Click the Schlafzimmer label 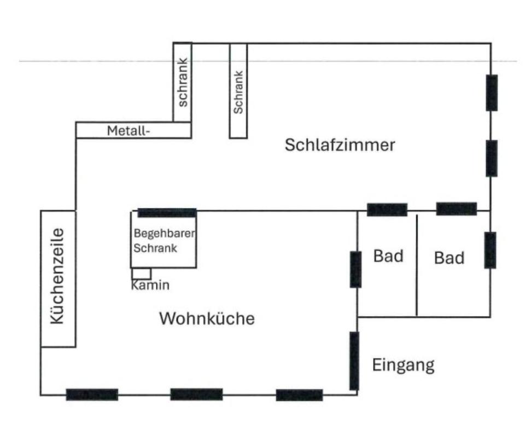340,146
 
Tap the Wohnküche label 207,319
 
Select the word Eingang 403,365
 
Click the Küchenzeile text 57,276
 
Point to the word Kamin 150,286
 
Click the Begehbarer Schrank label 164,241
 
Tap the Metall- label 129,131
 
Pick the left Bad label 388,256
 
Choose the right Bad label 449,258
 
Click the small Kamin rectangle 141,274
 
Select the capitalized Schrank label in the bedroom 238,92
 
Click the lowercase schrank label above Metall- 183,82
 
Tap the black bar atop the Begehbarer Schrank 167,213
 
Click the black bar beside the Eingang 354,361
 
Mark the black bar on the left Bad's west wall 355,269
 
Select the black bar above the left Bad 387,210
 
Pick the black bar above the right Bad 457,209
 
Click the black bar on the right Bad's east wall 490,250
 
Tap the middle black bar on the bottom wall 196,394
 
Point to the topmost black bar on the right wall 492,92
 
